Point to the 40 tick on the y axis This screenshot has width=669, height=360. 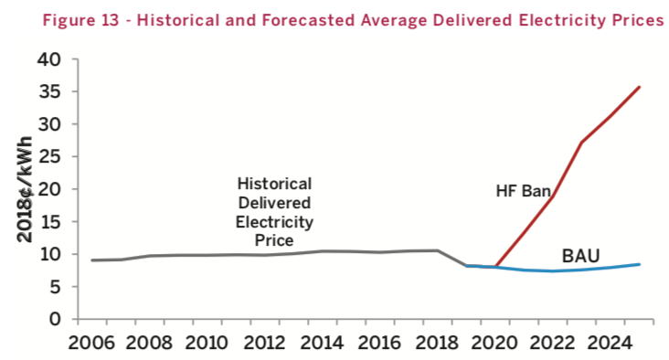point(49,59)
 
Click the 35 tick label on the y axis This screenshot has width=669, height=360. point(49,92)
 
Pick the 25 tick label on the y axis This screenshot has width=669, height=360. point(49,157)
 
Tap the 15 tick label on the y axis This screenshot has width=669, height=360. point(49,222)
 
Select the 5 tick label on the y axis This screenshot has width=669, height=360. point(55,287)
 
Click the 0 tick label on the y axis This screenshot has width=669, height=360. point(55,320)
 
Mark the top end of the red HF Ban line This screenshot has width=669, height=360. point(640,87)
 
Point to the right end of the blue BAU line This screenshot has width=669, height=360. point(640,264)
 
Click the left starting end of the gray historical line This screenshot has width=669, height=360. point(91,260)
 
